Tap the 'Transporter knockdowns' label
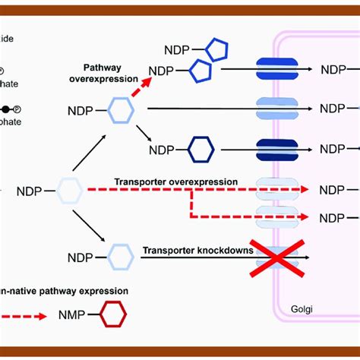click(197, 249)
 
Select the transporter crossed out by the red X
click(276, 257)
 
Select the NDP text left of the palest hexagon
click(31, 190)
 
